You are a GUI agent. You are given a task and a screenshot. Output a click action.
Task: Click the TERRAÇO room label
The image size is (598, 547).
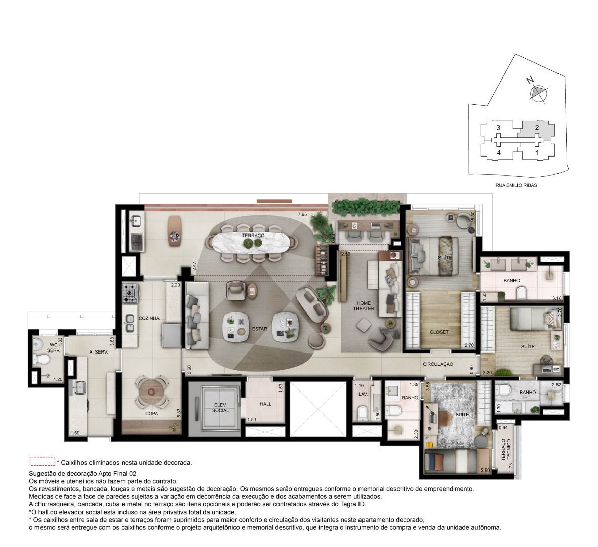click(x=253, y=236)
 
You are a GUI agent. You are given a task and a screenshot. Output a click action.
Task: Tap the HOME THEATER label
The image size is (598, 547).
click(x=364, y=306)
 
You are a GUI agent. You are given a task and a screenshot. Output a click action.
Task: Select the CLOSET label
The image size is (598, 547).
click(x=439, y=332)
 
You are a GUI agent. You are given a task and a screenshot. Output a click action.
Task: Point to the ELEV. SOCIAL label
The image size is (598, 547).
click(x=220, y=408)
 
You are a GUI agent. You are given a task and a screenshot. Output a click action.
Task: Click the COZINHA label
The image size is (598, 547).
click(x=149, y=318)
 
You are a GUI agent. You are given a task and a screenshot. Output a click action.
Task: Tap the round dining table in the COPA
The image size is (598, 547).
click(x=152, y=392)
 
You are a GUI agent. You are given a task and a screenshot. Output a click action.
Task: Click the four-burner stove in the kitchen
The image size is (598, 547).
click(x=130, y=293)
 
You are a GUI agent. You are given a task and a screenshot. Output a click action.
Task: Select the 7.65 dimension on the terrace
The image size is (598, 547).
click(x=302, y=214)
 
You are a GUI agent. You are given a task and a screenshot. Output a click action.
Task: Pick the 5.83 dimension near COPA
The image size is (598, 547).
click(x=178, y=413)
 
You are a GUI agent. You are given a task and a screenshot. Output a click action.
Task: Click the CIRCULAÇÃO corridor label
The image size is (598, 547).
click(x=438, y=364)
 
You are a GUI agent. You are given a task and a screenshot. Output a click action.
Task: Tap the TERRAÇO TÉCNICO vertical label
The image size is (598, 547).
click(x=506, y=449)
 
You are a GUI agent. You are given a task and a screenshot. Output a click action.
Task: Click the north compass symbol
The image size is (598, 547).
click(x=538, y=92)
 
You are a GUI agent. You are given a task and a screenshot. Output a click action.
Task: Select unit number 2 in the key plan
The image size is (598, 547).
click(x=537, y=128)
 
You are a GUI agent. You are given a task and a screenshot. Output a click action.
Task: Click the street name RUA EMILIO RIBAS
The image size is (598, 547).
click(x=516, y=185)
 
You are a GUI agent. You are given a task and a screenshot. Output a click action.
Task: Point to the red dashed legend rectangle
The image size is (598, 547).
click(x=43, y=461)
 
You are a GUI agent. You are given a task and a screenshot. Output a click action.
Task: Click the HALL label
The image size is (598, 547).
click(x=266, y=404)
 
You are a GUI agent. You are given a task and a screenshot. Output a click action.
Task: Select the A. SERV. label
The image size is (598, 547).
click(x=99, y=353)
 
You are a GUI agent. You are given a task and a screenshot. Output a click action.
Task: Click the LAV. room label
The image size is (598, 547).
click(x=363, y=394)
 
